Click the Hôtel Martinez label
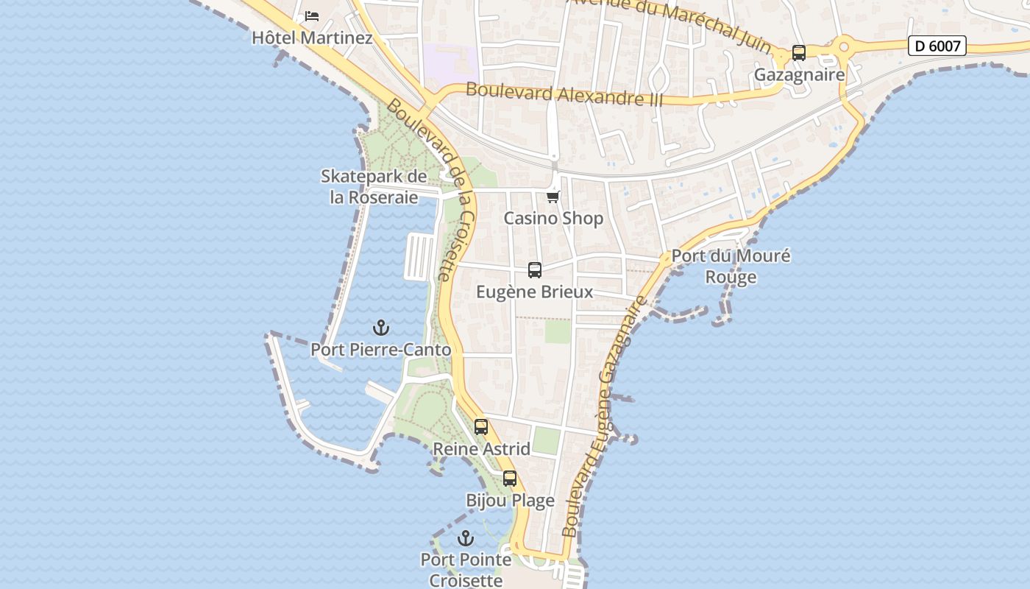(312, 38)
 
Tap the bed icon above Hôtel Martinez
(312, 15)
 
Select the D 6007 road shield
(937, 46)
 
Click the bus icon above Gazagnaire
(798, 53)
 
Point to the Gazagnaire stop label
(799, 75)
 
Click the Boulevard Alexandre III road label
(564, 94)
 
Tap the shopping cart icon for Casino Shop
(553, 197)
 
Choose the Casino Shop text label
(553, 218)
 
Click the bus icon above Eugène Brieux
(535, 270)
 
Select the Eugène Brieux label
(534, 292)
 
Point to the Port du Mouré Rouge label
(731, 267)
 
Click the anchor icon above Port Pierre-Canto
(380, 328)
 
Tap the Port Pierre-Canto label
(380, 350)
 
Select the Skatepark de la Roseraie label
(374, 187)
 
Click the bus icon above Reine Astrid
(481, 427)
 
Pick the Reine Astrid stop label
(481, 448)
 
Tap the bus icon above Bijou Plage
(510, 479)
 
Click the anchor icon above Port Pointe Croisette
(465, 538)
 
